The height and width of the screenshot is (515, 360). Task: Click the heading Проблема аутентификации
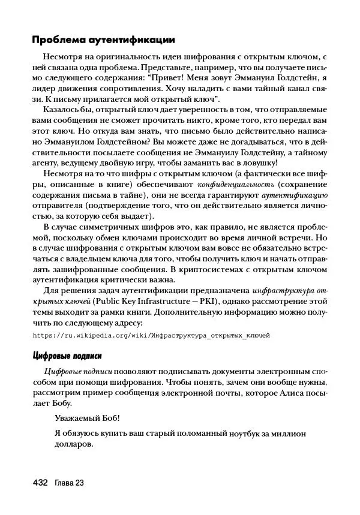[x=103, y=40]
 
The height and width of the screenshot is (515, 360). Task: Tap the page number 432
[x=40, y=483]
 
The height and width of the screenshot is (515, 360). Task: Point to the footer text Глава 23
[x=69, y=483]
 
